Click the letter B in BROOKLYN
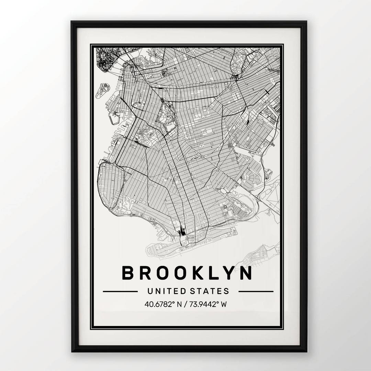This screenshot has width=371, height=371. tap(128, 273)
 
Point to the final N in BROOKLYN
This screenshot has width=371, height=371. tap(246, 273)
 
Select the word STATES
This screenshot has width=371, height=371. tap(209, 291)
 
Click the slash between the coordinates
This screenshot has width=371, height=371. tap(185, 304)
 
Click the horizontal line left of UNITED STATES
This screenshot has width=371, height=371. tap(120, 291)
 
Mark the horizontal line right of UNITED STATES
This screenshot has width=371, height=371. tap(256, 291)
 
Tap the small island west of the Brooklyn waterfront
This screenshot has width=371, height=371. tap(102, 90)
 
